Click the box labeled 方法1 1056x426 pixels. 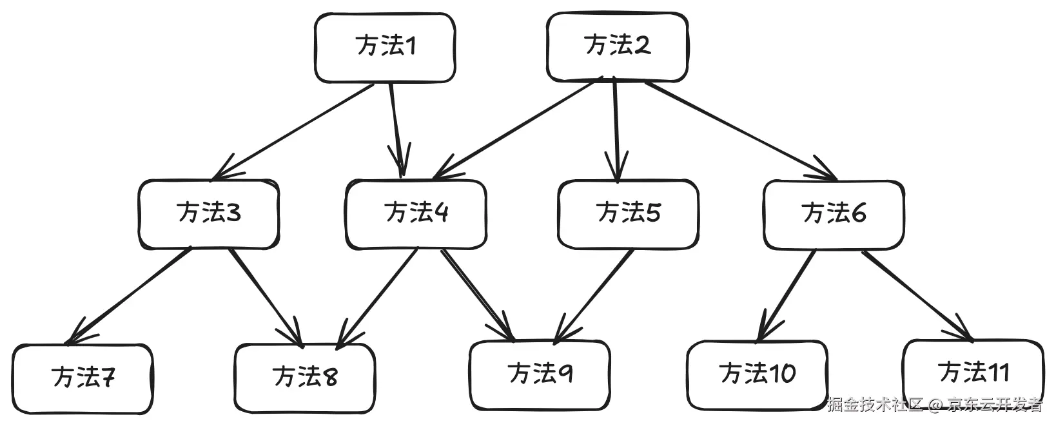[x=385, y=48]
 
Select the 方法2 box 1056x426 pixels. [x=617, y=46]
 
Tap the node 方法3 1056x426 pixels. [x=209, y=214]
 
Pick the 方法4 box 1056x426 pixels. [x=416, y=214]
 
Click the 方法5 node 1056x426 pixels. [x=628, y=214]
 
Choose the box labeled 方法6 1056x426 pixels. [x=834, y=214]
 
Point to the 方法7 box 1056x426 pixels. [x=83, y=379]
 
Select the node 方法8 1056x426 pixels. [x=304, y=379]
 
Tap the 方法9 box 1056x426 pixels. [x=540, y=375]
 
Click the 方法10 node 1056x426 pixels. [x=757, y=375]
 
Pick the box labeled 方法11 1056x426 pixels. [x=973, y=373]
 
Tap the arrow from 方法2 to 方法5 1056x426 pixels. [x=616, y=129]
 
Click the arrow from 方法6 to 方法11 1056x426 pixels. [x=916, y=294]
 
